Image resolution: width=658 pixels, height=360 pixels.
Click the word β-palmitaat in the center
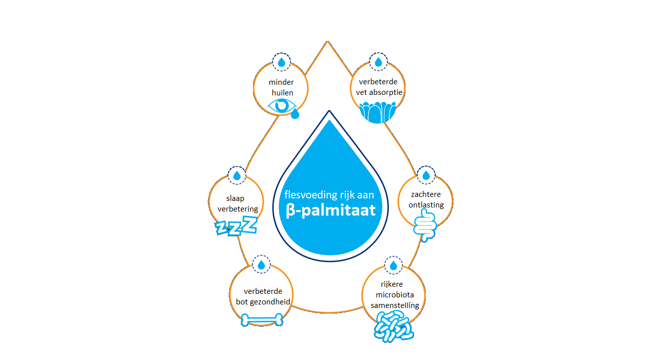click(x=330, y=210)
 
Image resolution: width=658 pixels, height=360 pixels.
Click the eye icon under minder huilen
click(x=281, y=105)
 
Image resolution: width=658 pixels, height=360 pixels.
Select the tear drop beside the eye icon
click(x=295, y=114)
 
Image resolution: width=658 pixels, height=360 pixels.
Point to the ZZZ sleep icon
click(x=236, y=226)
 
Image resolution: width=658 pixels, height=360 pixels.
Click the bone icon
click(x=262, y=319)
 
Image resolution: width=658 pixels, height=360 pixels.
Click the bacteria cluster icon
click(x=393, y=325)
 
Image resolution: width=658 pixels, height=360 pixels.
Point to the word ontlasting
click(x=426, y=205)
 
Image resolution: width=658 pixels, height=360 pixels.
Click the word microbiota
click(x=391, y=295)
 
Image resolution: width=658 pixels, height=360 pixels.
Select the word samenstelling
click(x=394, y=305)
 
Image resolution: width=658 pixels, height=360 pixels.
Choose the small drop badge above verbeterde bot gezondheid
click(x=261, y=265)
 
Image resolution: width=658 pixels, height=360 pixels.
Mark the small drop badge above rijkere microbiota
click(x=393, y=266)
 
